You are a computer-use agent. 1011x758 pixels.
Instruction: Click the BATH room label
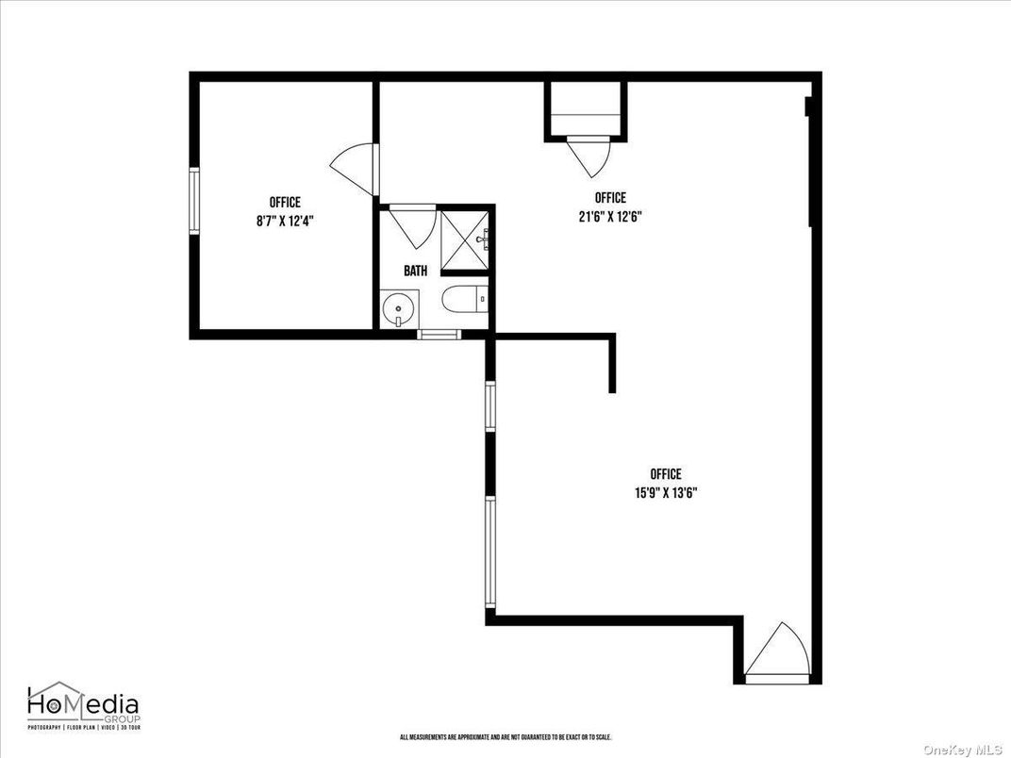click(x=415, y=271)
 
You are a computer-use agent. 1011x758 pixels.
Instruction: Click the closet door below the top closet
click(x=586, y=157)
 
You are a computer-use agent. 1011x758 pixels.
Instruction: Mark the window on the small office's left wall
click(x=193, y=200)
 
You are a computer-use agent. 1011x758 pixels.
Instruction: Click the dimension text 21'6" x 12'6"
click(x=610, y=215)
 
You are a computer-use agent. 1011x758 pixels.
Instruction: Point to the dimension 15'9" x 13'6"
click(x=666, y=492)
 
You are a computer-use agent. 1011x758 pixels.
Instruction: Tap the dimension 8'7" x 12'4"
click(x=285, y=220)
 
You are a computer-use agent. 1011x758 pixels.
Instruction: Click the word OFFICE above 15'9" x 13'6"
click(x=666, y=474)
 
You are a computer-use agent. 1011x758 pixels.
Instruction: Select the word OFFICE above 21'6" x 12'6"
click(x=610, y=198)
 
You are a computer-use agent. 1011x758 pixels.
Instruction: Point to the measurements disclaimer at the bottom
click(x=506, y=737)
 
